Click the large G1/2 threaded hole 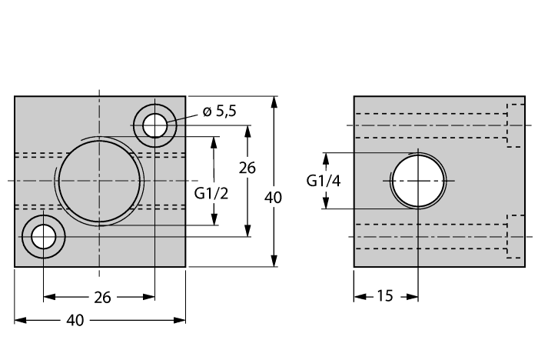pyautogui.click(x=99, y=181)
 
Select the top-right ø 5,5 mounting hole pyautogui.click(x=154, y=124)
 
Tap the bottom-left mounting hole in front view pyautogui.click(x=44, y=238)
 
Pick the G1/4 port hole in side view pyautogui.click(x=417, y=181)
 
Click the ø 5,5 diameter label pyautogui.click(x=220, y=112)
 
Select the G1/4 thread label pyautogui.click(x=324, y=181)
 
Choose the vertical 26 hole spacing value pyautogui.click(x=247, y=168)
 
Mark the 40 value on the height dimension pyautogui.click(x=273, y=198)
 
